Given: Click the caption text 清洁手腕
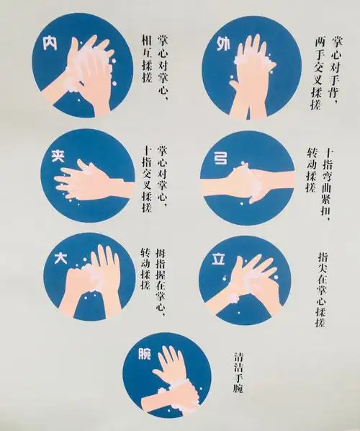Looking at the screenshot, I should [x=238, y=372].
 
